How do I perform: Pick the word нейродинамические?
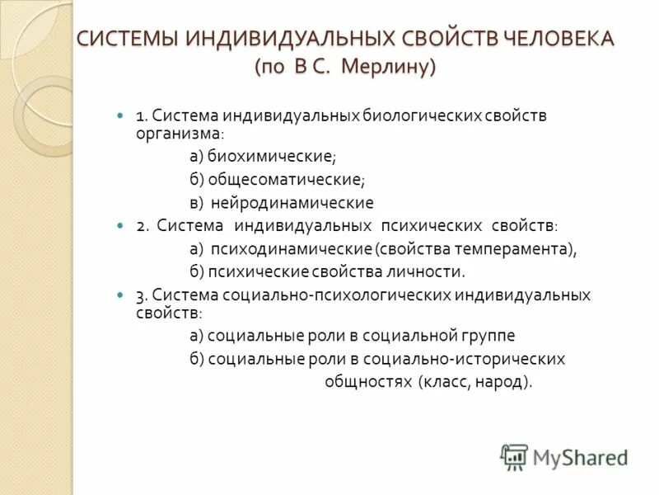(x=292, y=202)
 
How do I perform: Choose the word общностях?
(x=368, y=381)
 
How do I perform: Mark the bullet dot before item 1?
(x=120, y=115)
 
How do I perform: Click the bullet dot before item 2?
(x=120, y=225)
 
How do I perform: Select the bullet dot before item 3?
(x=120, y=295)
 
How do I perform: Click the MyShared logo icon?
(x=514, y=455)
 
